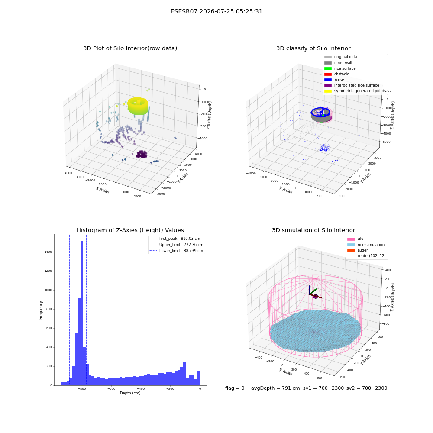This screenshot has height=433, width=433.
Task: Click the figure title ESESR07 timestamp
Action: [216, 12]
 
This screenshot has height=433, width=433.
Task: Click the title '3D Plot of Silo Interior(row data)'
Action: [130, 48]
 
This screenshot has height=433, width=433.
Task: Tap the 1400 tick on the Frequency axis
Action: [48, 252]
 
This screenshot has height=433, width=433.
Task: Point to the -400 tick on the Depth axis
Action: [141, 388]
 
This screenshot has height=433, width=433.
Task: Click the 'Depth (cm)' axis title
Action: [130, 393]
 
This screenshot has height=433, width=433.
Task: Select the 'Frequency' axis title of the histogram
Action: [41, 310]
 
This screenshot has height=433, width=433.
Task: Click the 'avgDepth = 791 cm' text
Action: [275, 388]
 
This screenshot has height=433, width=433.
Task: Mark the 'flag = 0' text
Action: [235, 388]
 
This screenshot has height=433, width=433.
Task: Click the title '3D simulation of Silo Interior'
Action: [313, 230]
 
